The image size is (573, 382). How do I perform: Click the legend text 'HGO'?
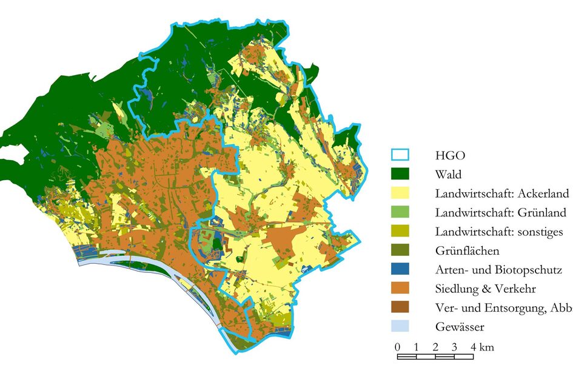[448, 156]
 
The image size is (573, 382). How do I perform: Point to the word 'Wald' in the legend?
[448, 175]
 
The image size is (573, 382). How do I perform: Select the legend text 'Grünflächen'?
[467, 250]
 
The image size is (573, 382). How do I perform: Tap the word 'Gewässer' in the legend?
[459, 327]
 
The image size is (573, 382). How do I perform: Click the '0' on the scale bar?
[397, 347]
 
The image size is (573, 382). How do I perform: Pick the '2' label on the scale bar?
[435, 347]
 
